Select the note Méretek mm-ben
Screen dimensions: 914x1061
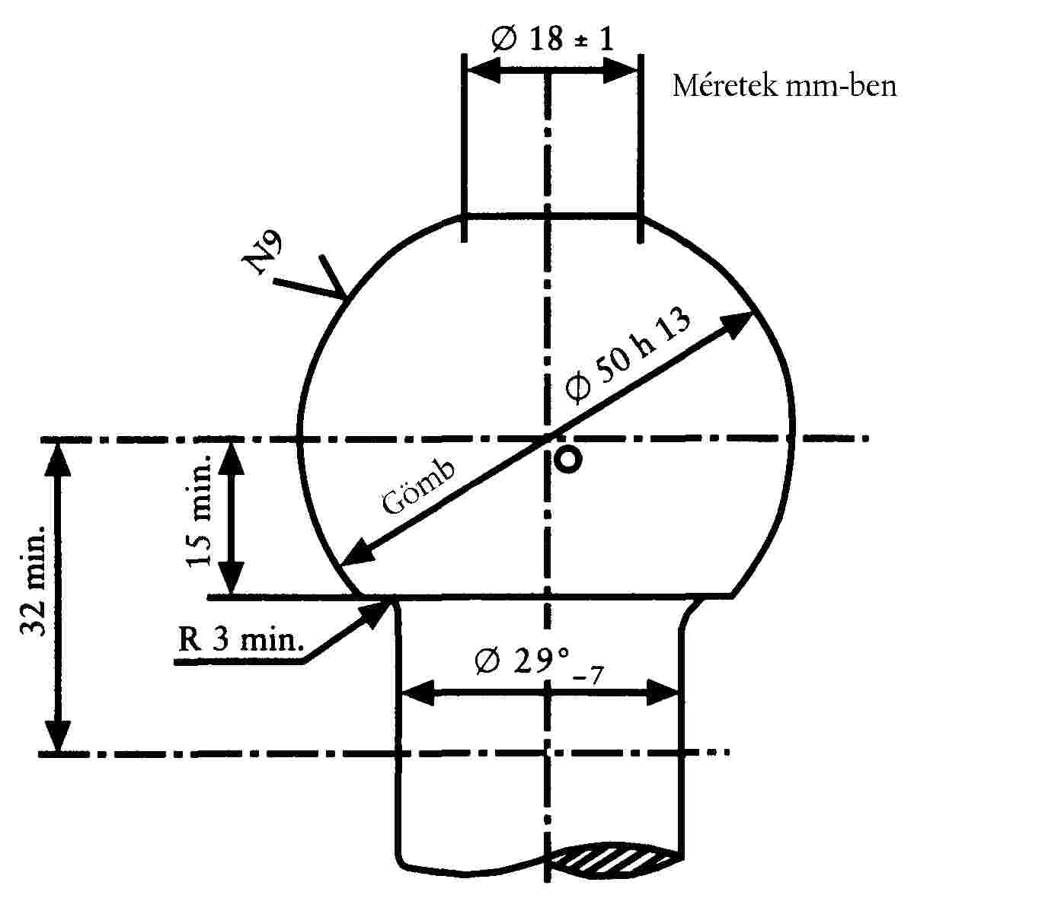(x=784, y=86)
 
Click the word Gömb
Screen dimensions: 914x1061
(x=419, y=488)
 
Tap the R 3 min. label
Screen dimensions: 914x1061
(x=239, y=639)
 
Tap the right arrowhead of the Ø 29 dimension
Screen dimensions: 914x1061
(x=663, y=693)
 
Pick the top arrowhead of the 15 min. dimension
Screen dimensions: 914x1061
(x=232, y=457)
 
